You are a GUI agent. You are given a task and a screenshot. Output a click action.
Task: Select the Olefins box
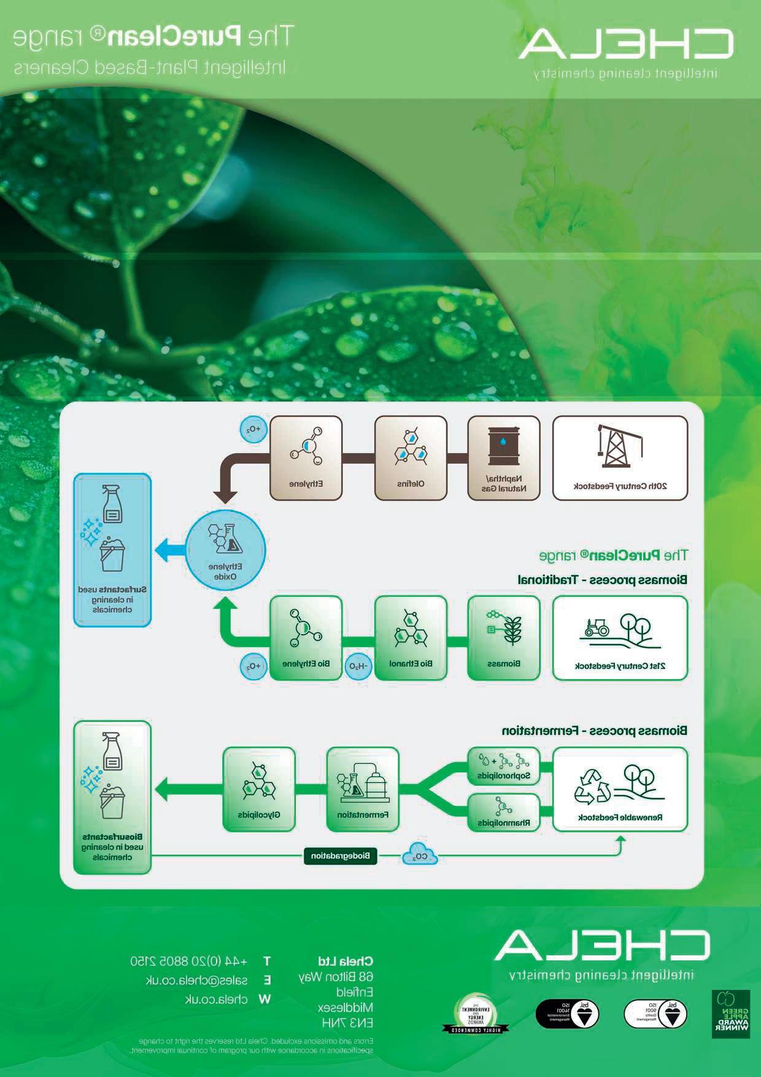pos(411,458)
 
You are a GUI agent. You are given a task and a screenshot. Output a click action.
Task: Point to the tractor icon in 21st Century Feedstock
pos(595,627)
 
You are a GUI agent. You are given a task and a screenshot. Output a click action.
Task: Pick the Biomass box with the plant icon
pos(504,638)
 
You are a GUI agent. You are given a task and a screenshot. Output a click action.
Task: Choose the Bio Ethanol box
pos(411,638)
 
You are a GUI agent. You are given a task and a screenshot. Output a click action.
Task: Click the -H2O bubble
pos(358,666)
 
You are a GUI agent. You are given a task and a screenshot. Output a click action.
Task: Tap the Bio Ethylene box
pos(306,638)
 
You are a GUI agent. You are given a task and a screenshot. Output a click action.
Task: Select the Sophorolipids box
pos(504,766)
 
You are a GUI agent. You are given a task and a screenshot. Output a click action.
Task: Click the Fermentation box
pos(362,789)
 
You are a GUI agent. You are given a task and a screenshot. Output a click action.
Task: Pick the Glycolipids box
pos(259,789)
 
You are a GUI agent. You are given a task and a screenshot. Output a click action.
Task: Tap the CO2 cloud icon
pos(420,855)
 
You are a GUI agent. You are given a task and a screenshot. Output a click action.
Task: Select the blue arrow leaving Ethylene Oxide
pos(169,550)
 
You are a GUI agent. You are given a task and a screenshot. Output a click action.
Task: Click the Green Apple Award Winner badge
pos(730,1014)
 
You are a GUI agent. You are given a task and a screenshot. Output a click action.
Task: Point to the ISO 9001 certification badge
pos(655,1014)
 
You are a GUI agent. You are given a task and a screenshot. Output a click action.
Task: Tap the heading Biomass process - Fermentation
pos(594,731)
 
